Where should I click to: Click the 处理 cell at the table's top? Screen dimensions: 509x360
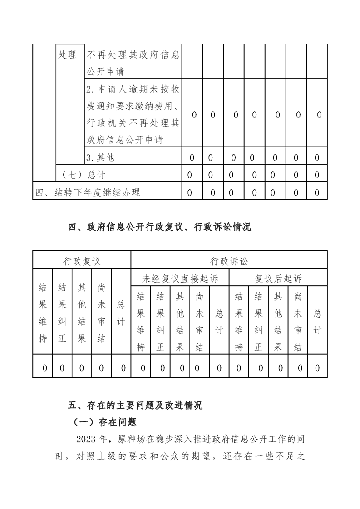[x=68, y=55]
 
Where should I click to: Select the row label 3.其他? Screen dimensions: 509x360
[x=101, y=157]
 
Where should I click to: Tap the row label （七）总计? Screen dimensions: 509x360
[x=83, y=175]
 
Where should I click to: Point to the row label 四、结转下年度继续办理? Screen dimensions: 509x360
[x=88, y=192]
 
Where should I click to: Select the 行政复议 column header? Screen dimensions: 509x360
[x=82, y=261]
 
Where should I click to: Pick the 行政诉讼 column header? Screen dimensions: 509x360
[x=229, y=261]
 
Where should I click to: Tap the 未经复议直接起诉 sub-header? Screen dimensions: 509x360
[x=180, y=278]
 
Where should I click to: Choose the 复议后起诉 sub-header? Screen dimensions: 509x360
[x=278, y=278]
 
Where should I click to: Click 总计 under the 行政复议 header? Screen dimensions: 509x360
[x=121, y=313]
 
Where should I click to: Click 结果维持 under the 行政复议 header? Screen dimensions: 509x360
[x=43, y=313]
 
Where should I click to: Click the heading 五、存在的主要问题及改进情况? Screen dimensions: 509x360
[x=135, y=405]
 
